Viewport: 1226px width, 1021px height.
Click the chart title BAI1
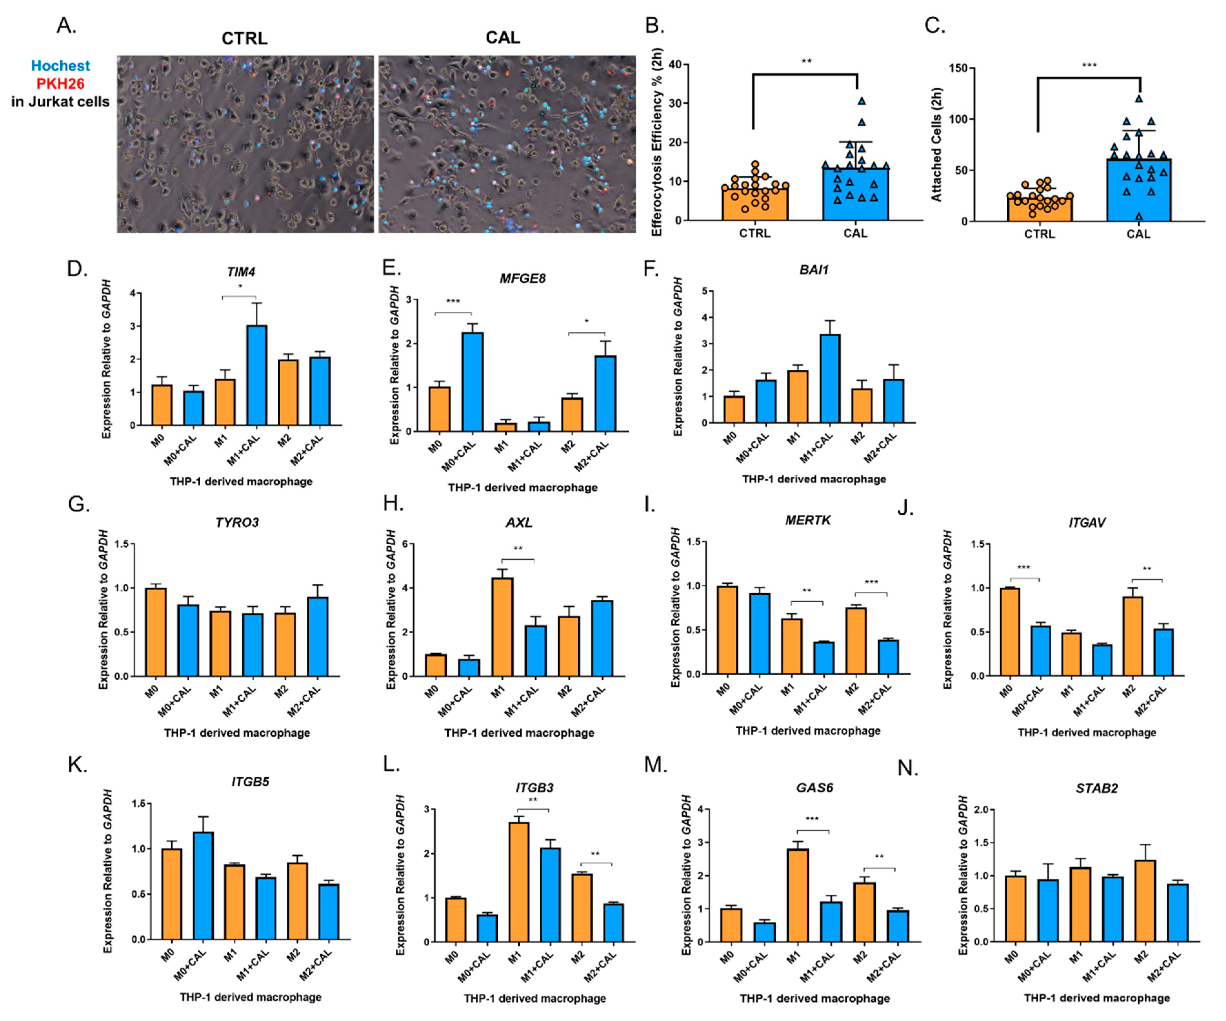(x=814, y=269)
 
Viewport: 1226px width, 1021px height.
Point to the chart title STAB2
(x=1096, y=788)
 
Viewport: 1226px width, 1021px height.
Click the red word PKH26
(x=60, y=83)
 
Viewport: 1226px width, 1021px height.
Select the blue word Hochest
(x=60, y=65)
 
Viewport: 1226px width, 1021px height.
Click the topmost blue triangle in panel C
(x=1139, y=99)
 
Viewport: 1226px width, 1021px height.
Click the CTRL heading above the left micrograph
(x=244, y=38)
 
